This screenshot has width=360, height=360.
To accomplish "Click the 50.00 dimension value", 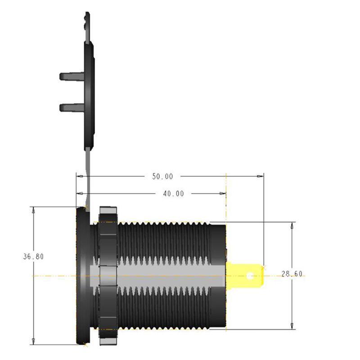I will (x=162, y=177).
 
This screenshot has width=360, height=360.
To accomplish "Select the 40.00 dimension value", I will (x=173, y=194).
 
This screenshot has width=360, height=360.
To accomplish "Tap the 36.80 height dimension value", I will (x=33, y=256).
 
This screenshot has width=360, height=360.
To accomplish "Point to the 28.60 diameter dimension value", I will (x=292, y=274).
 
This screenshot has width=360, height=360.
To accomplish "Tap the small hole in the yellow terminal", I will (x=250, y=274).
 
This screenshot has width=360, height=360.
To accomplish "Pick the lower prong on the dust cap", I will (x=71, y=108).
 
